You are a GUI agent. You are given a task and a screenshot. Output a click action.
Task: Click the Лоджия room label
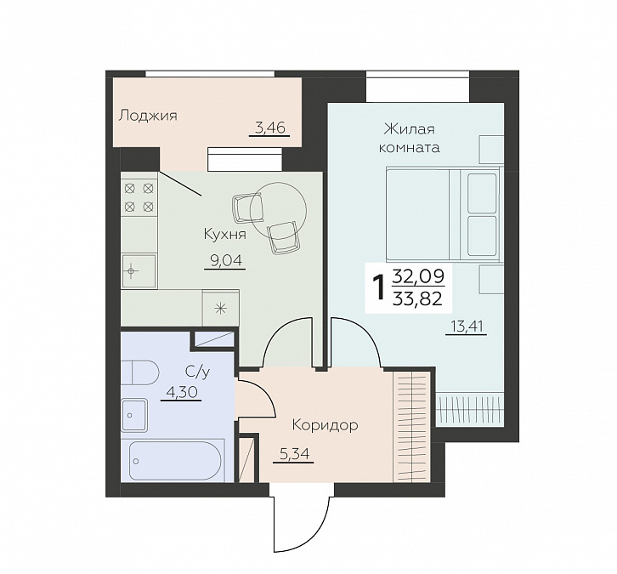148,116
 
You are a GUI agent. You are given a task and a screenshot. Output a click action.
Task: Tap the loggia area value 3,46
269,128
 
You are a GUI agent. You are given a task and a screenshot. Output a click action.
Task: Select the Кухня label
224,234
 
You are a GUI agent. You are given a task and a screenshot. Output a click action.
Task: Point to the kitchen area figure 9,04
225,260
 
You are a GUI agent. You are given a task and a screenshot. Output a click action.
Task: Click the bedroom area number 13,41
467,327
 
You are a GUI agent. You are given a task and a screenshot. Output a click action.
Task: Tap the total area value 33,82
418,299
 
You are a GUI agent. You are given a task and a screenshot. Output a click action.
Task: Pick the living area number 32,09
419,276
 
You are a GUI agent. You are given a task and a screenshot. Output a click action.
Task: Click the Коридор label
325,425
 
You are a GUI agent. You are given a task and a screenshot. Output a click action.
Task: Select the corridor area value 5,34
293,454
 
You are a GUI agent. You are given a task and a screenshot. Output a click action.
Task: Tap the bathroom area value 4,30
181,392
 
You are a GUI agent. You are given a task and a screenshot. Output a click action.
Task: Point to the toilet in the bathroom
139,372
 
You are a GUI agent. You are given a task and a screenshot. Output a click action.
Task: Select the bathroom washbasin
134,415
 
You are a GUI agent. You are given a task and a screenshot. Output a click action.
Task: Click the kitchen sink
139,271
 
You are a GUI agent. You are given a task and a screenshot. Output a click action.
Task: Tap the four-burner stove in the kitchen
139,197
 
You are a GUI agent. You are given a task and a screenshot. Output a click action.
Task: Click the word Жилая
410,129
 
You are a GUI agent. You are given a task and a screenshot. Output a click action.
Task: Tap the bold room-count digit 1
379,287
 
